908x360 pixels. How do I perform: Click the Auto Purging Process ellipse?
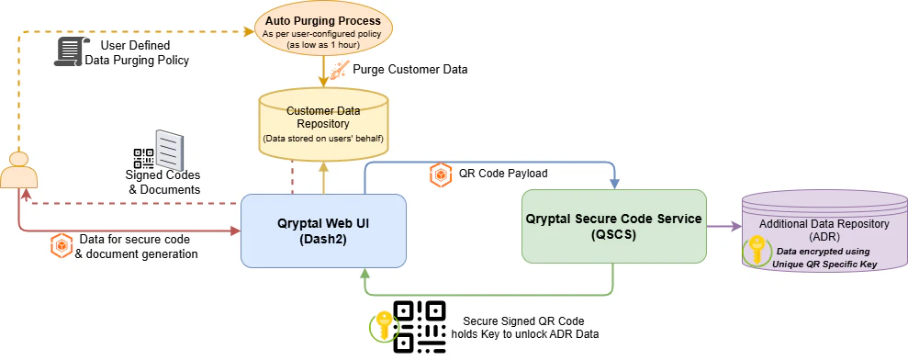(x=322, y=28)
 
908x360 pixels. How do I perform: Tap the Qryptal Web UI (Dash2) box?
(x=323, y=230)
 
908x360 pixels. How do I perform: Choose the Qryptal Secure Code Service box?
(x=613, y=226)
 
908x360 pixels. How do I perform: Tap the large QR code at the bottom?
(x=420, y=327)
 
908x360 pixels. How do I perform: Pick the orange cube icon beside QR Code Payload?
(x=441, y=174)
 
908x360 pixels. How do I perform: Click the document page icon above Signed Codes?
(x=171, y=149)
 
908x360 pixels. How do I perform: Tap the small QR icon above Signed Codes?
(x=143, y=157)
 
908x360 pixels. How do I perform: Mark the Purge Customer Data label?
(x=410, y=69)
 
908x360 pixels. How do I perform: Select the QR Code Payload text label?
(x=503, y=174)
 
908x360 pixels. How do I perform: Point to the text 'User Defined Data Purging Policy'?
(x=136, y=52)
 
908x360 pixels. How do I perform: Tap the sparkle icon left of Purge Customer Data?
(x=339, y=68)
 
